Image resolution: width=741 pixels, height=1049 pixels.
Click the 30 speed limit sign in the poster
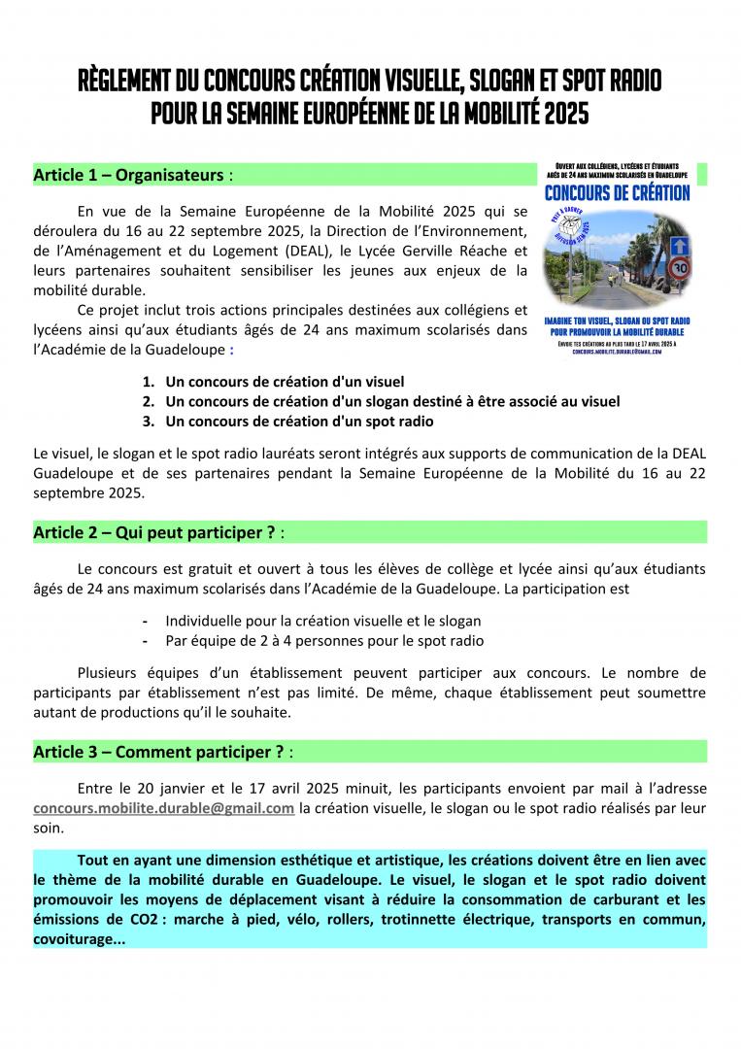coord(681,268)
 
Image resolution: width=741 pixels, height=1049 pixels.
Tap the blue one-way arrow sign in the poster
coord(681,246)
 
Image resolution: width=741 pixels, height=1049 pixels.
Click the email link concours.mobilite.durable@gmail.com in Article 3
coord(163,808)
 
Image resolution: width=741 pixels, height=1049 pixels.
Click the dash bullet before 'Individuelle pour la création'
coord(145,621)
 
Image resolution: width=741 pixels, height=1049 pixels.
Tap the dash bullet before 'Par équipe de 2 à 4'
coord(145,641)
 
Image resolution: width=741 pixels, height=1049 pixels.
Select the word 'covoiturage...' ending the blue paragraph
coord(80,939)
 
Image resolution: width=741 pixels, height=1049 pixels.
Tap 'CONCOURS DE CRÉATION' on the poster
coord(618,193)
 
